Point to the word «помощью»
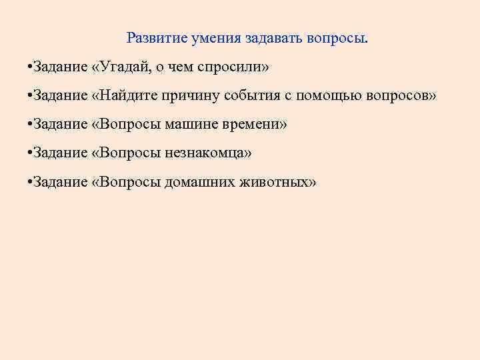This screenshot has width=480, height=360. (x=329, y=95)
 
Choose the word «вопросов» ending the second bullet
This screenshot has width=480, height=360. (x=402, y=95)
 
